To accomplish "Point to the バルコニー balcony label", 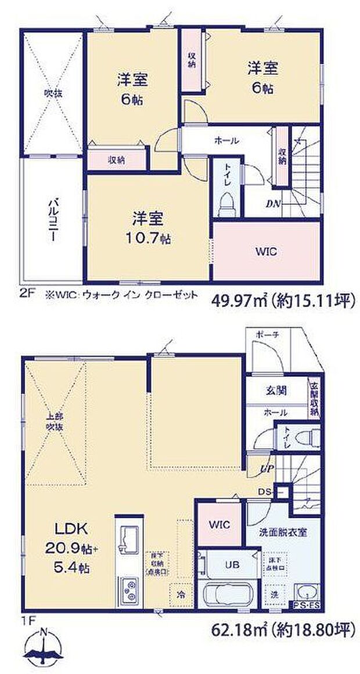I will [53, 221].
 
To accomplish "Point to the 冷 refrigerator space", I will [181, 594].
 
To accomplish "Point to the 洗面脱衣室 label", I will [283, 531].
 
